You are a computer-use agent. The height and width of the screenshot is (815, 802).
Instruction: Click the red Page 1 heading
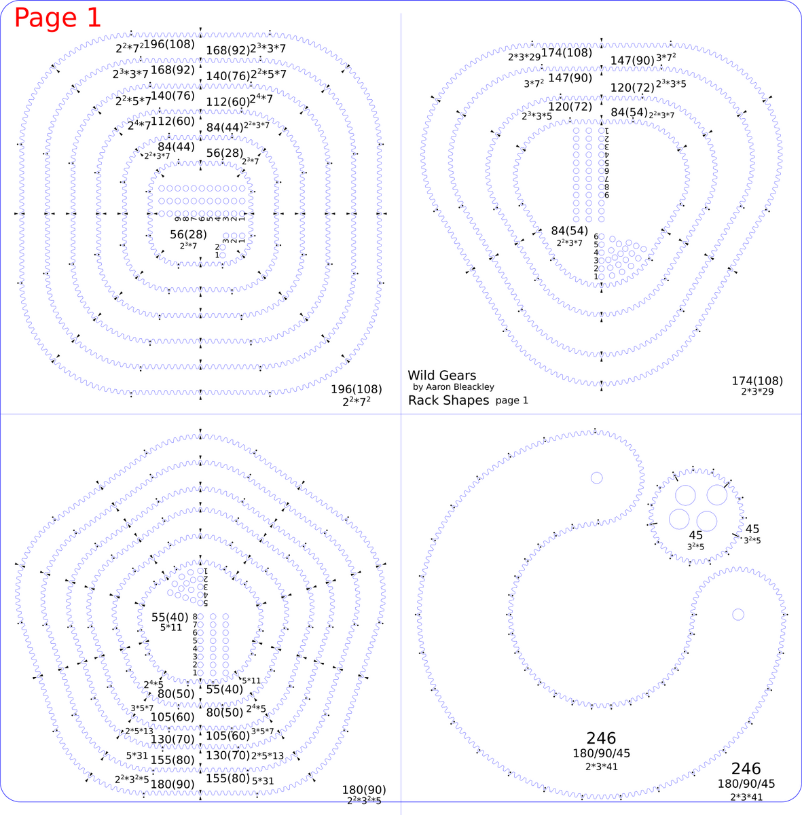click(58, 18)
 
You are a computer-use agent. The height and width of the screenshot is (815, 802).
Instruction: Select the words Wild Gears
click(441, 375)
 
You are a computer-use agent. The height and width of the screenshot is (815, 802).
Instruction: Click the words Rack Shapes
click(448, 400)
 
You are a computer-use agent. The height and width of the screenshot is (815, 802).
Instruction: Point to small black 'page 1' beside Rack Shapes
click(511, 401)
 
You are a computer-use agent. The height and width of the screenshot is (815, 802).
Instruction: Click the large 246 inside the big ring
click(601, 738)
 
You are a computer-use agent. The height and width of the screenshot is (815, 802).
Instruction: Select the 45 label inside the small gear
click(695, 536)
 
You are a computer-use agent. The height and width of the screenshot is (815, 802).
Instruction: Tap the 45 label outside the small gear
click(752, 529)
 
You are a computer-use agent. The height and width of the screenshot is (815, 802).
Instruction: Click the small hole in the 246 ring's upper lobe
click(596, 477)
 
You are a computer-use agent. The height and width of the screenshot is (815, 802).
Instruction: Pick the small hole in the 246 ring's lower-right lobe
click(737, 615)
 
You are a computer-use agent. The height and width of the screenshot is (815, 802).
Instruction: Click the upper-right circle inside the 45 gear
click(716, 495)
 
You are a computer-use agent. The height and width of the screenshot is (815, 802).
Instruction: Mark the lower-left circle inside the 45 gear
click(679, 519)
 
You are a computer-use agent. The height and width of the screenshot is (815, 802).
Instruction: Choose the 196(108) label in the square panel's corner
click(356, 389)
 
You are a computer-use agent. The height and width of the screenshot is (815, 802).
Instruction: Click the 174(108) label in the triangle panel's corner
click(757, 381)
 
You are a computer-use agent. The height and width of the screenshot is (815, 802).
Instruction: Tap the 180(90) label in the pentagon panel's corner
click(363, 790)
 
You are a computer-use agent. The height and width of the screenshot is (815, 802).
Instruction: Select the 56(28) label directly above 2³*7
click(188, 234)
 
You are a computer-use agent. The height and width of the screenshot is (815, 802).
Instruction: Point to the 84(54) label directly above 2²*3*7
click(569, 231)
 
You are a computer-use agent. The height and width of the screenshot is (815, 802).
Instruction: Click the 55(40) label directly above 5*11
click(170, 617)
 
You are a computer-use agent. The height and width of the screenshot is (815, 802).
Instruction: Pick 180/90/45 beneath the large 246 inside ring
click(601, 753)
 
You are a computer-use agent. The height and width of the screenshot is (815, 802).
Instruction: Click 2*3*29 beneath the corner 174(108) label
click(757, 392)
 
